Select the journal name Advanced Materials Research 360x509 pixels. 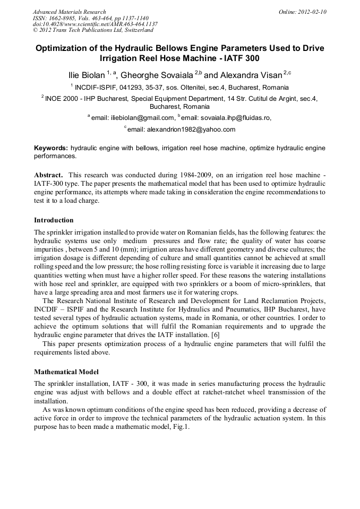click(69, 12)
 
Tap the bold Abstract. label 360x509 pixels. click(49, 175)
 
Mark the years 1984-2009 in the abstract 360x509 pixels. click(173, 175)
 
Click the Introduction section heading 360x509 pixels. click(54, 220)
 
